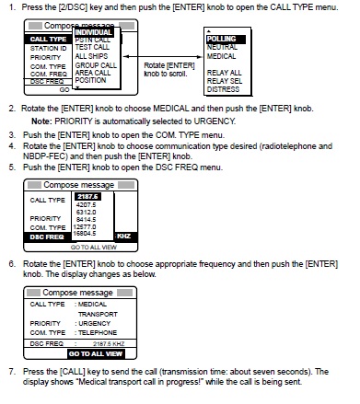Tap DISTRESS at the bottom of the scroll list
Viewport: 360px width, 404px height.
(x=223, y=90)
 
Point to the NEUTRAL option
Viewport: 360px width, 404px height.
(x=222, y=46)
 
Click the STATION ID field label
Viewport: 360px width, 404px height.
(x=45, y=49)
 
